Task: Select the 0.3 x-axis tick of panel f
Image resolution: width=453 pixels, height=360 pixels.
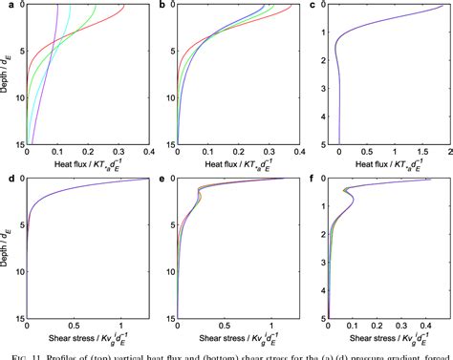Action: click(402, 327)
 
